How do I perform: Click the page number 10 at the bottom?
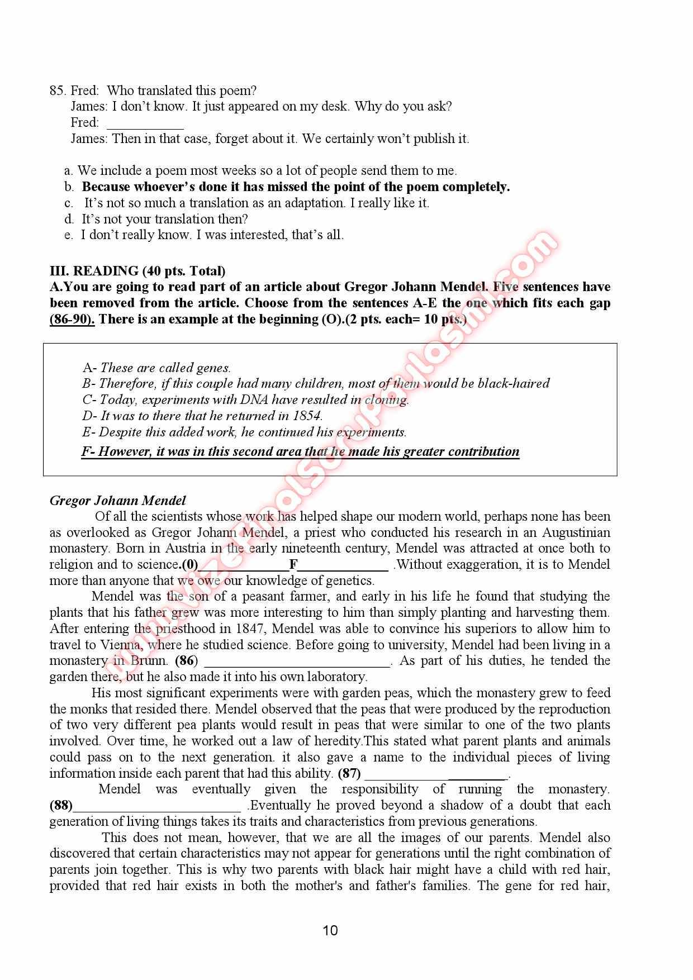[x=330, y=930]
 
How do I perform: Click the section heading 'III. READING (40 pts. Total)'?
[x=137, y=271]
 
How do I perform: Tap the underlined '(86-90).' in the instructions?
[x=72, y=319]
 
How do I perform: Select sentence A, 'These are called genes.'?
[x=156, y=368]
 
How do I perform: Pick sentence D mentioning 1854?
[x=202, y=416]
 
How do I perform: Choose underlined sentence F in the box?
[x=300, y=451]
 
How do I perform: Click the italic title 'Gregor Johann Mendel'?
[x=117, y=500]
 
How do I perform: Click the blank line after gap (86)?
[x=297, y=662]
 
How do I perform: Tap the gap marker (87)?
[x=349, y=773]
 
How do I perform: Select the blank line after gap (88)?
[x=157, y=806]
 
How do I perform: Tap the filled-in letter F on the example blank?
[x=293, y=564]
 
